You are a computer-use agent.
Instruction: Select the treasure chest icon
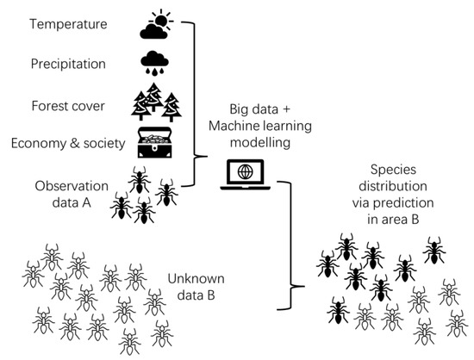[x=158, y=141]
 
